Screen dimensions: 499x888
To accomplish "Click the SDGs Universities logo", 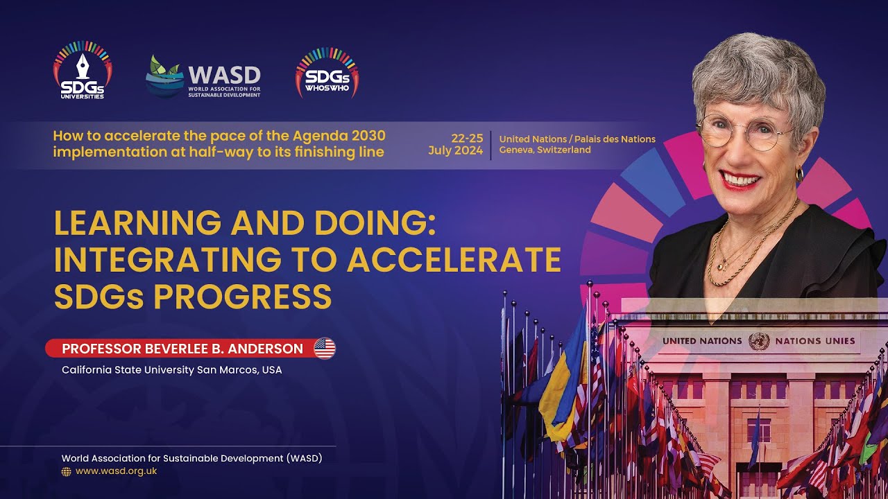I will click(82, 71).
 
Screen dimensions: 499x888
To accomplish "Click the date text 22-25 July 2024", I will click(456, 144).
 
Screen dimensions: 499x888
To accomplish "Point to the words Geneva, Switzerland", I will click(545, 150).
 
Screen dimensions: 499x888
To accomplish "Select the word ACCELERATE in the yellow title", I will click(454, 260).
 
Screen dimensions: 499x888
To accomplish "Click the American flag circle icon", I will click(324, 349).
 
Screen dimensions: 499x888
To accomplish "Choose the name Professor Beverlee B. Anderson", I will click(182, 349).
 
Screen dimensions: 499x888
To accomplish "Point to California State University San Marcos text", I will click(171, 370).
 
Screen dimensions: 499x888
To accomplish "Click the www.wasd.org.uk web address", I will click(116, 471).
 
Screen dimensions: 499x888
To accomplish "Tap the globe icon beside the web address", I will click(67, 471).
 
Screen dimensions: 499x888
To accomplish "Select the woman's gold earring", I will click(799, 174).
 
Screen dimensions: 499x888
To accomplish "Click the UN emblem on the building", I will click(759, 341).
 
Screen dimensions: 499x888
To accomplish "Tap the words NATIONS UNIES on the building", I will click(815, 341).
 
